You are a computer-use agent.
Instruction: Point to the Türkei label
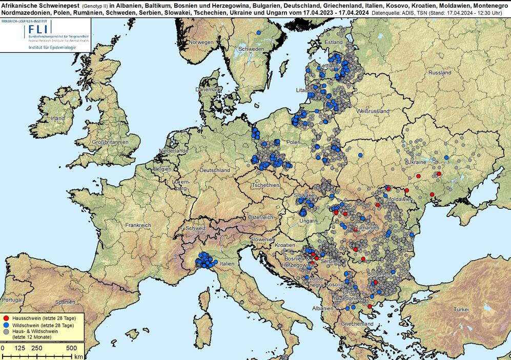coord(461,310)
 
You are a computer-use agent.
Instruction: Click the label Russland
coord(439,73)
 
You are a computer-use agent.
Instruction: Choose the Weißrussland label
coord(373,111)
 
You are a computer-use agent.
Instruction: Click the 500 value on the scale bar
coord(71,348)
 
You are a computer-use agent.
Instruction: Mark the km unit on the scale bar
coord(78,356)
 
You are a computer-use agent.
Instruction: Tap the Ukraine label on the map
coord(416,162)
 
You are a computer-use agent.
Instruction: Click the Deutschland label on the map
coord(215,170)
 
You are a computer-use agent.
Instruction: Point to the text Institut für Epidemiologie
coord(54,48)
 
